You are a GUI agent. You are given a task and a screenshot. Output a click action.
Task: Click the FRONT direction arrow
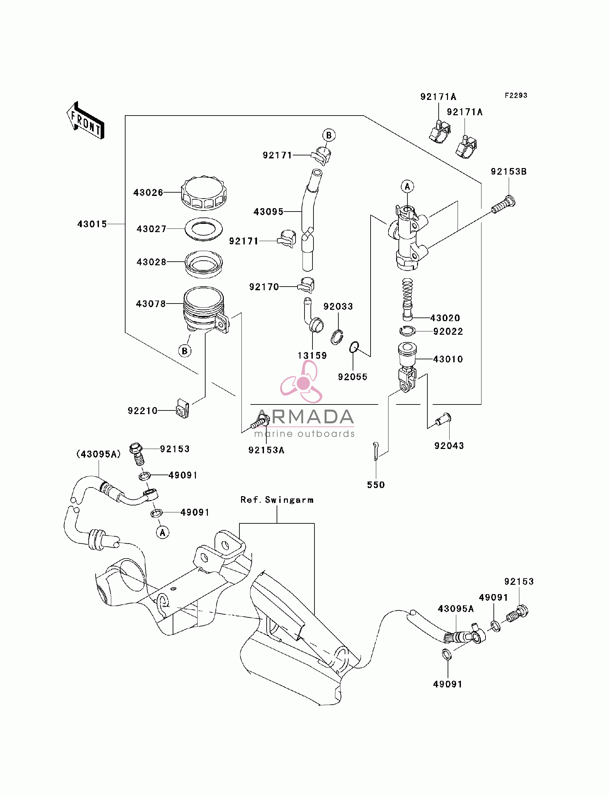point(86,121)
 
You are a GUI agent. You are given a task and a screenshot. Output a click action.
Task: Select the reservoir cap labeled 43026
point(204,193)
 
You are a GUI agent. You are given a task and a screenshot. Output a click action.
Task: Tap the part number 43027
point(151,229)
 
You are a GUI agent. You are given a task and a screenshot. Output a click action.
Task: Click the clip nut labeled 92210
point(183,408)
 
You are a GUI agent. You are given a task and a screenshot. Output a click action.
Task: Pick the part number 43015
point(92,224)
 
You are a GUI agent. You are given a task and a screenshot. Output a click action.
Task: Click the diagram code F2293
point(516,95)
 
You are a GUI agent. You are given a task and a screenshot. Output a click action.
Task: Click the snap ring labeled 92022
point(407,331)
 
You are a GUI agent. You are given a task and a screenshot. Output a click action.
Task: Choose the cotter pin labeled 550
point(376,451)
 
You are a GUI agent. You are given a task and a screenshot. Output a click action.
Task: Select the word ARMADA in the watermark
point(304,417)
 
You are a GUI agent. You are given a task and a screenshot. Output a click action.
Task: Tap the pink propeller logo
point(301,382)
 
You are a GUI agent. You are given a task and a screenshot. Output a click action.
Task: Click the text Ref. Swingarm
point(277,500)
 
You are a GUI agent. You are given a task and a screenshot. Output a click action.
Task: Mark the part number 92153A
point(266,450)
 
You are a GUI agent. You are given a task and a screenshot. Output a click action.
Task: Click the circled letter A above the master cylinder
point(407,186)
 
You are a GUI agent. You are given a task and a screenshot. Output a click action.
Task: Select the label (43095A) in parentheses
point(99,454)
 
